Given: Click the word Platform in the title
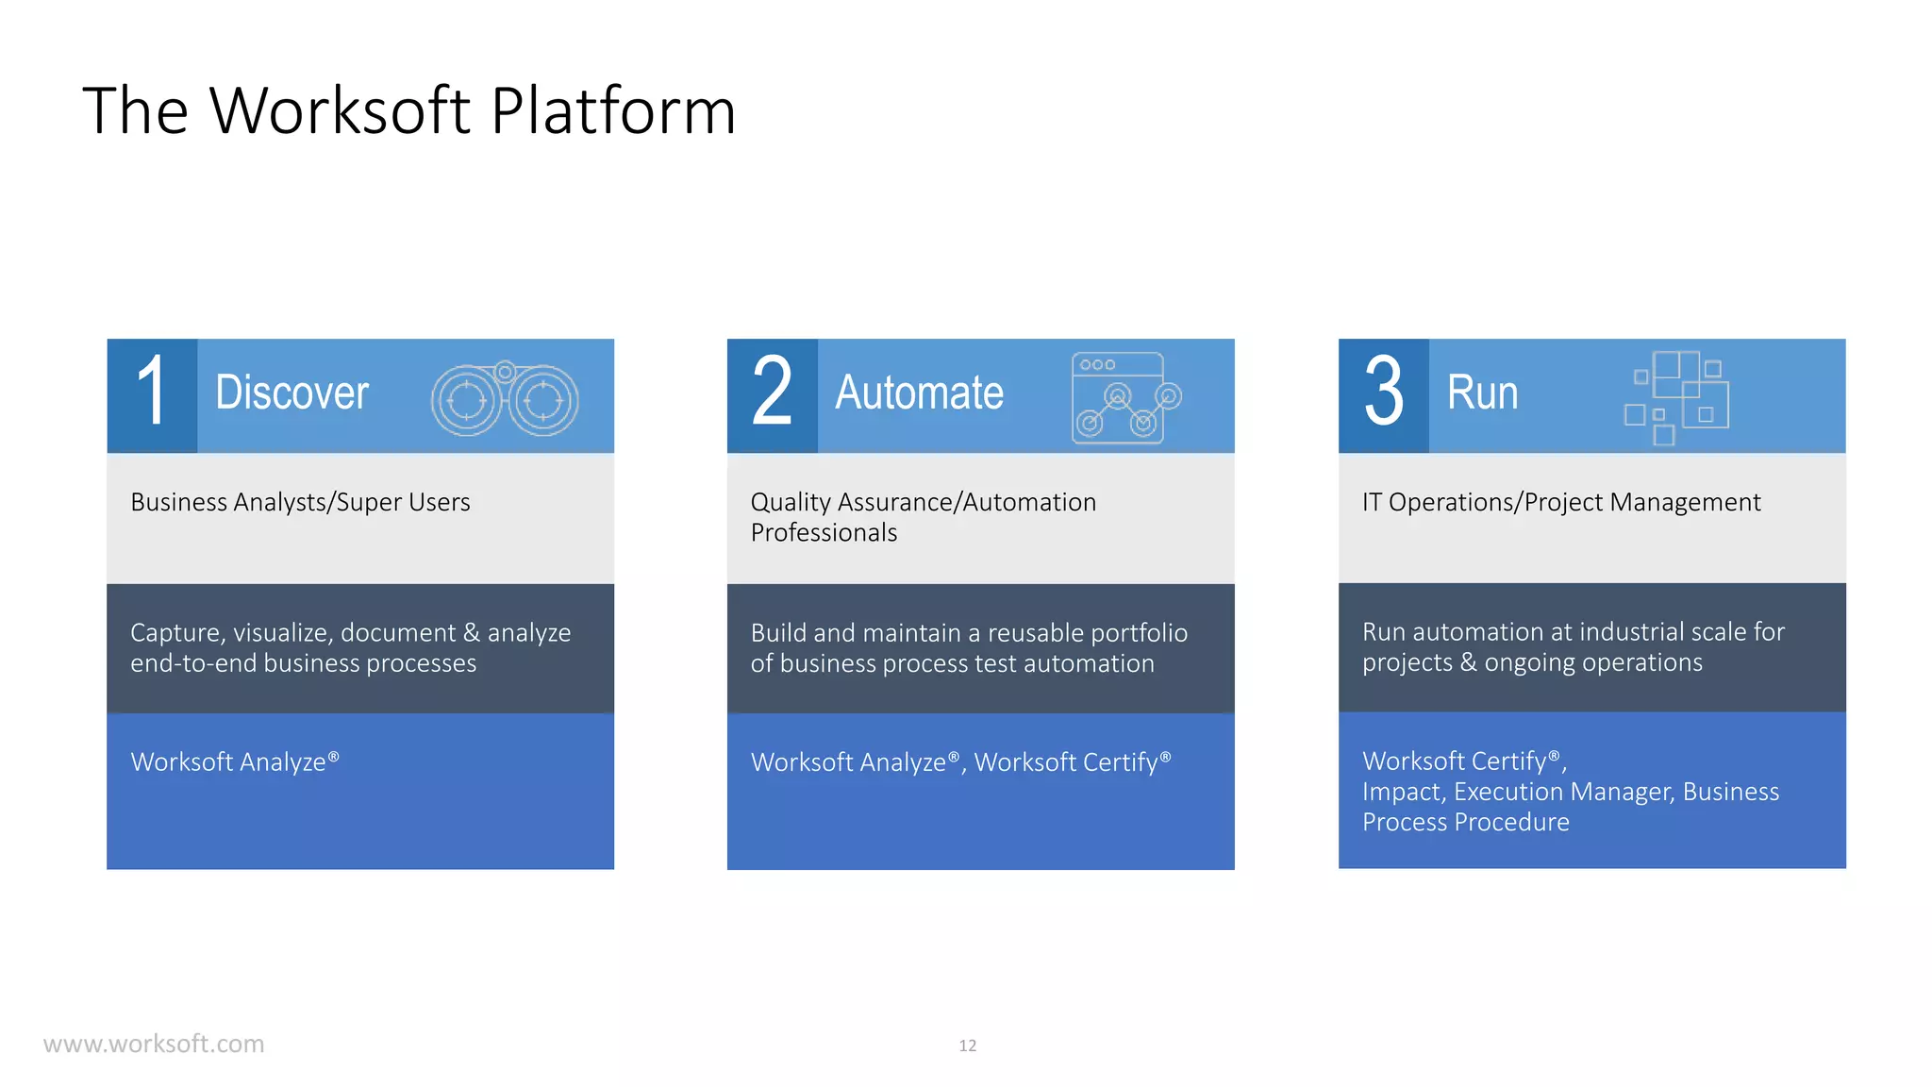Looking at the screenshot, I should pos(612,111).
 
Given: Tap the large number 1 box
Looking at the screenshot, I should pos(152,394).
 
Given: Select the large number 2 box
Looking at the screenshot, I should pos(772,394).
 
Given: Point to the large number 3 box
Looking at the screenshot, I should pos(1383,394).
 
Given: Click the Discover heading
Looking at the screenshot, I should pos(291,393).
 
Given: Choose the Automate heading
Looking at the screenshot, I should pos(919,393).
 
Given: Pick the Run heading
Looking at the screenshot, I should pos(1482,393).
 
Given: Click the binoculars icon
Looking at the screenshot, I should pos(505,400).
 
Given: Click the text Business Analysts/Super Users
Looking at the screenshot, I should pos(300,502).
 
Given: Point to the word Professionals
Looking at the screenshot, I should pos(824,533).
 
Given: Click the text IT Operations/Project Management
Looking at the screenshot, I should pos(1560,502).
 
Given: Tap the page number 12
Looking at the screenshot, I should pos(967,1045).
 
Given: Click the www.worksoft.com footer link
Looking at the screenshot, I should pos(154,1044).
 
